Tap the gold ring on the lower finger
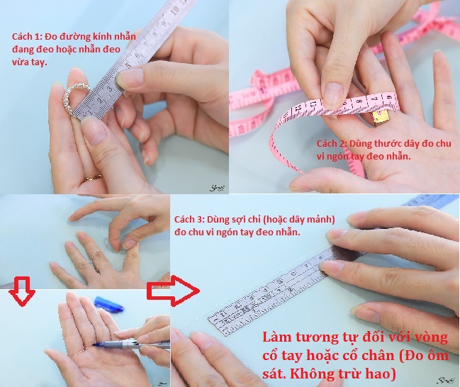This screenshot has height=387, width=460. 94,177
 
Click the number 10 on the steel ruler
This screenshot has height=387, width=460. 174,11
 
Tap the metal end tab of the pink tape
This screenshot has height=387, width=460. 381,118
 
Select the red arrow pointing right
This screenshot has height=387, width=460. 173,291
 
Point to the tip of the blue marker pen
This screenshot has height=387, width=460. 94,344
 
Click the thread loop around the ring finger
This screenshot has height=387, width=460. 96,257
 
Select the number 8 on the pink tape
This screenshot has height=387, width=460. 358,101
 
